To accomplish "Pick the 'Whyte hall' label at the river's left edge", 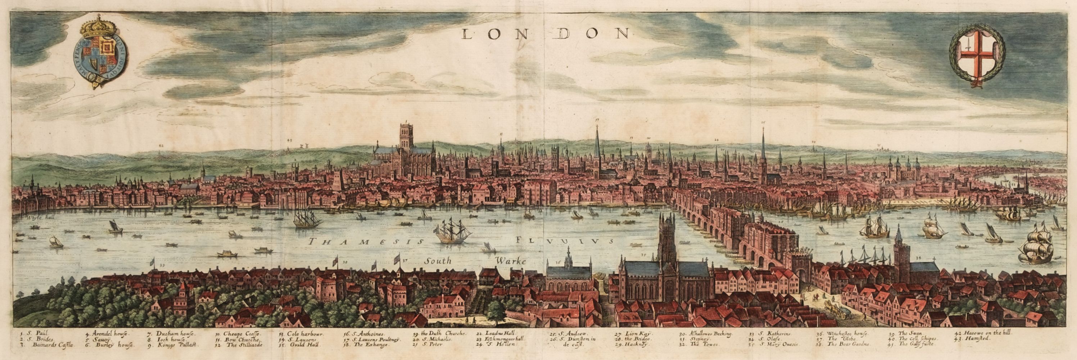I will pos(38,217).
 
